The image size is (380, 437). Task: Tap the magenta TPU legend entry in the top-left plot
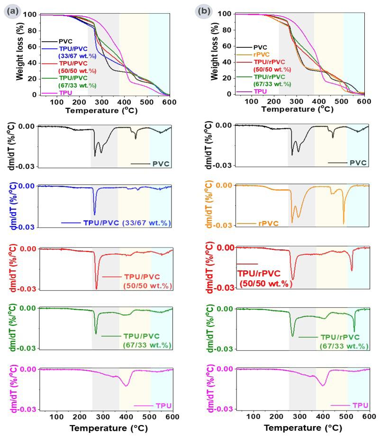(x=65, y=92)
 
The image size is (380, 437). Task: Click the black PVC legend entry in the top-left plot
(x=66, y=41)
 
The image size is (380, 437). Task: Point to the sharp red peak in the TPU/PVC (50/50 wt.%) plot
(x=97, y=287)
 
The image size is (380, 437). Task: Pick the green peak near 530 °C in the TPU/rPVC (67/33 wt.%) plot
(x=354, y=331)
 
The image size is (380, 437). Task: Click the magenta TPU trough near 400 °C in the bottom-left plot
(x=127, y=385)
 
